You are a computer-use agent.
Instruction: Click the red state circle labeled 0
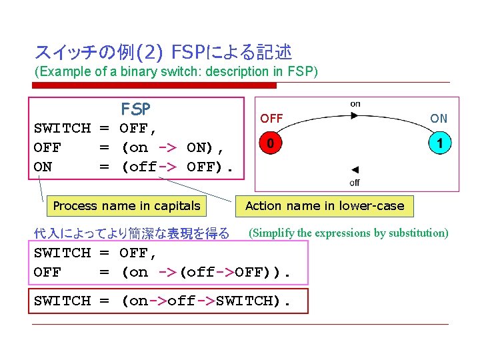[270, 143]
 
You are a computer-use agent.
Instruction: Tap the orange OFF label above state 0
[271, 119]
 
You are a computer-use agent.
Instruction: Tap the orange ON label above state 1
[439, 119]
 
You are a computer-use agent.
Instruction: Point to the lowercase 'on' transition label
[355, 103]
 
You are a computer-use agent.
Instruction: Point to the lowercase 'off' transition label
[355, 182]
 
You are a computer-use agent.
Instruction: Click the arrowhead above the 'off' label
[355, 170]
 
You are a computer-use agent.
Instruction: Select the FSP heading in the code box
[135, 108]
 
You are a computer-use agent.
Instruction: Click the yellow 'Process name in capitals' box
[127, 206]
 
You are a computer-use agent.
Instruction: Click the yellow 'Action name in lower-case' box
[325, 206]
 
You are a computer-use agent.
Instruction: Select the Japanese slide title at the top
[163, 52]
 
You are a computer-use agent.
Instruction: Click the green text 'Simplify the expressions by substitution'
[348, 233]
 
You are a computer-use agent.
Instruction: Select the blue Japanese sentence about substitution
[131, 233]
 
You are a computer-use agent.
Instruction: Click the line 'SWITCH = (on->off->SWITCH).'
[163, 301]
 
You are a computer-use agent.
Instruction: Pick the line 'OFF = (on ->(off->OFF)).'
[163, 272]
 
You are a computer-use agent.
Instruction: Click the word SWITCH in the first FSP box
[62, 128]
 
